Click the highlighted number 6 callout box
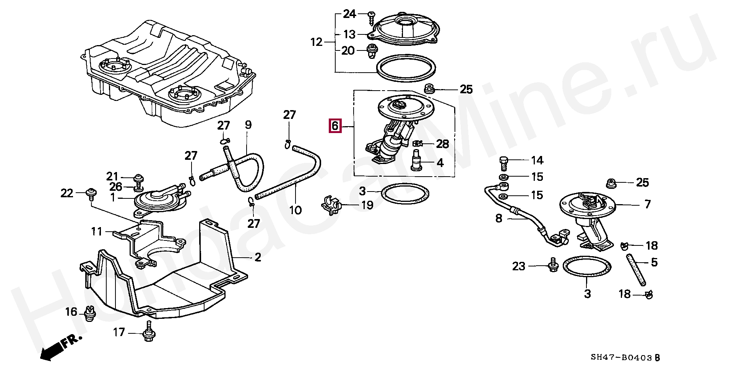point(335,126)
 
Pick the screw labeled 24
point(372,17)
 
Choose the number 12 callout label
point(317,42)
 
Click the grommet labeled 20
point(370,52)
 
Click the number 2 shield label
point(258,257)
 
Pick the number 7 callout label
point(647,205)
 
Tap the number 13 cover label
point(349,34)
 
